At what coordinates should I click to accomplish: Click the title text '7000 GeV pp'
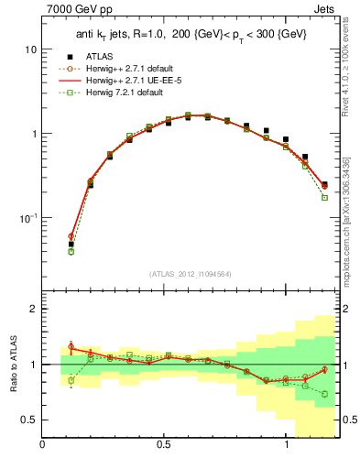tap(77, 10)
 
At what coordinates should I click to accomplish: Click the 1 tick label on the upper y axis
tap(34, 134)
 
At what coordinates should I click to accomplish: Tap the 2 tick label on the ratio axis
tap(34, 310)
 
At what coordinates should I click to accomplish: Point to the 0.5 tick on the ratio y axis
tap(29, 420)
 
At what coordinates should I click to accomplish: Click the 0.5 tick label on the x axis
tap(164, 446)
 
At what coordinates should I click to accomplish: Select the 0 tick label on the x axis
tap(43, 446)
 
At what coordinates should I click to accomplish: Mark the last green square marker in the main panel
tap(324, 197)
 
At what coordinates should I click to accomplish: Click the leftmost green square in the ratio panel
tap(71, 380)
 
